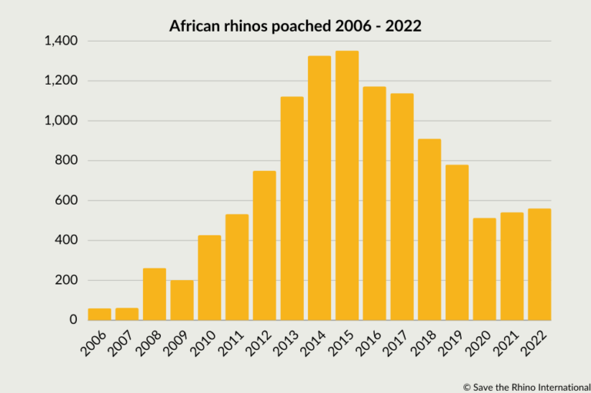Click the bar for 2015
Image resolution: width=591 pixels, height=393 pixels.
(347, 185)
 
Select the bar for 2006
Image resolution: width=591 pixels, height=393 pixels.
(99, 314)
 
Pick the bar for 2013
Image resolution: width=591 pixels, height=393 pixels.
(292, 208)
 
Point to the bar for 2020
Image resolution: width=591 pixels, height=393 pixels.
(484, 270)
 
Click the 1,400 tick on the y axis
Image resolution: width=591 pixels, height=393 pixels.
(61, 41)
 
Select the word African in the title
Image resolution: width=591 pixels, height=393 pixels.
(192, 26)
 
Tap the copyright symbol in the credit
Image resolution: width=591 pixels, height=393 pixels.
(466, 385)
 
